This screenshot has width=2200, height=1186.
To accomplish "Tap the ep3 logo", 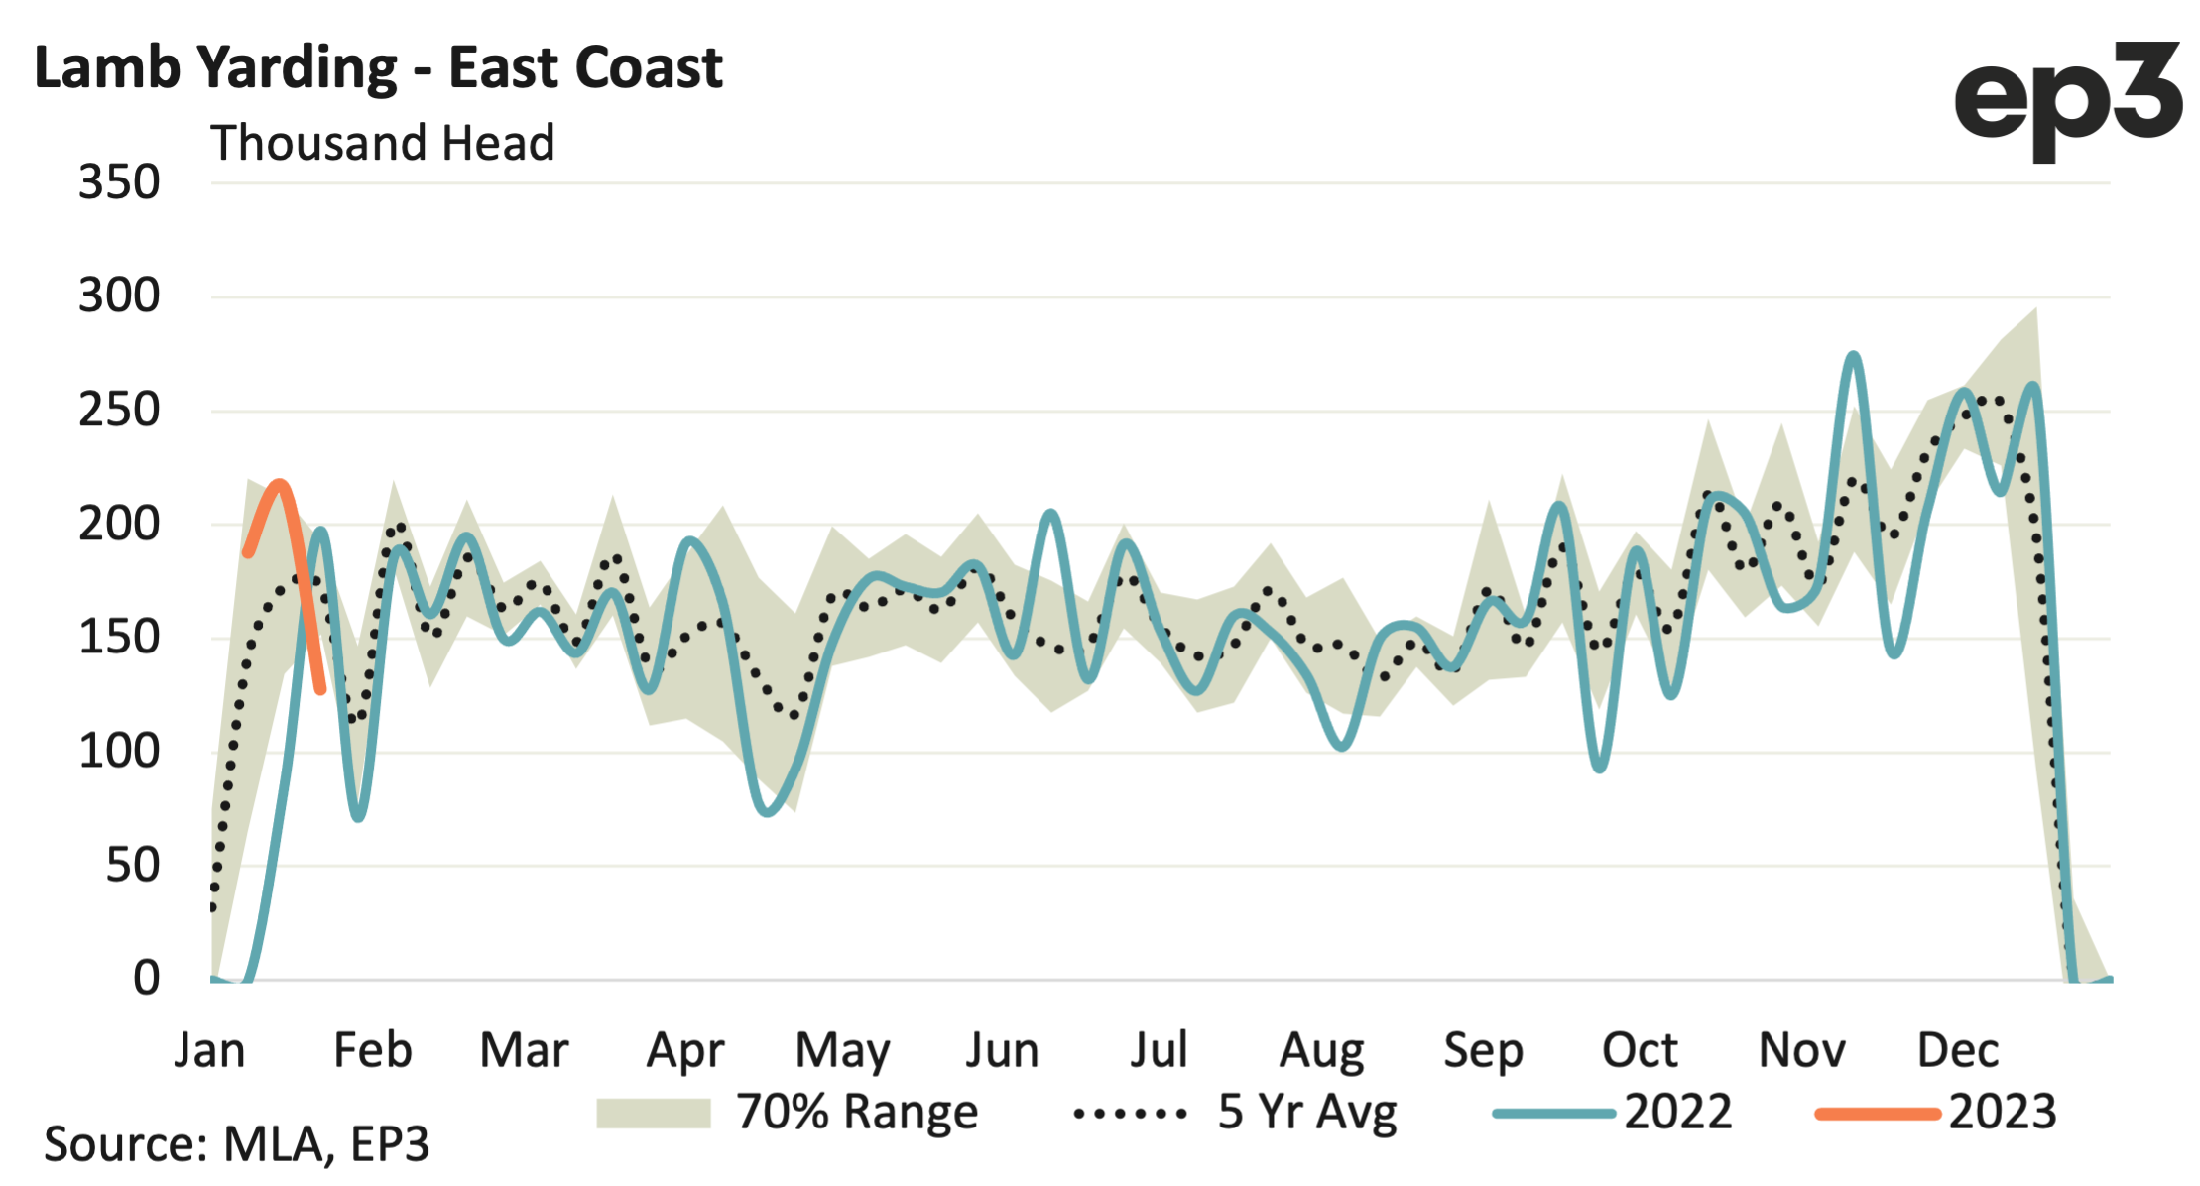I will pyautogui.click(x=2067, y=99).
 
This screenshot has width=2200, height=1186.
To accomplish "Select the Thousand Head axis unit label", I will pyautogui.click(x=382, y=143).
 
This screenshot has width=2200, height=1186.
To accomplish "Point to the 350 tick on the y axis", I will pyautogui.click(x=119, y=182).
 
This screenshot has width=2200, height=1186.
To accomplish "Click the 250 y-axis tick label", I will pyautogui.click(x=119, y=410).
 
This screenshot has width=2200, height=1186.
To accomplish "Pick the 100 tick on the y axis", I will pyautogui.click(x=119, y=752).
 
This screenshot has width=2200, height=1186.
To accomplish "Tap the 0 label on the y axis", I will pyautogui.click(x=146, y=979).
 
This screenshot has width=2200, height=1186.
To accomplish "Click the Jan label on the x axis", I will pyautogui.click(x=209, y=1050).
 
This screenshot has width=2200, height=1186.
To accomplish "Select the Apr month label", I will pyautogui.click(x=685, y=1050).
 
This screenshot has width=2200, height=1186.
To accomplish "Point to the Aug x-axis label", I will pyautogui.click(x=1321, y=1050).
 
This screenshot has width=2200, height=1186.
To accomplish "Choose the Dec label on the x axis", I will pyautogui.click(x=1957, y=1050).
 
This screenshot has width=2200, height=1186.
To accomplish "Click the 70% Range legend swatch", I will pyautogui.click(x=653, y=1114).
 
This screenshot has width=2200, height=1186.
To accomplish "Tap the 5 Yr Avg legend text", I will pyautogui.click(x=1306, y=1113).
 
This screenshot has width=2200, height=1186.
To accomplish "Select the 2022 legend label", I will pyautogui.click(x=1677, y=1113).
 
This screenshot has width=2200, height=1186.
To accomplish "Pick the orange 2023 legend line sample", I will pyautogui.click(x=1877, y=1114).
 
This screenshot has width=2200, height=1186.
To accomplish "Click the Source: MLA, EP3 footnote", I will pyautogui.click(x=236, y=1144).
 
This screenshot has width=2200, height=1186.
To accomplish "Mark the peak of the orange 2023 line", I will pyautogui.click(x=280, y=484).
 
